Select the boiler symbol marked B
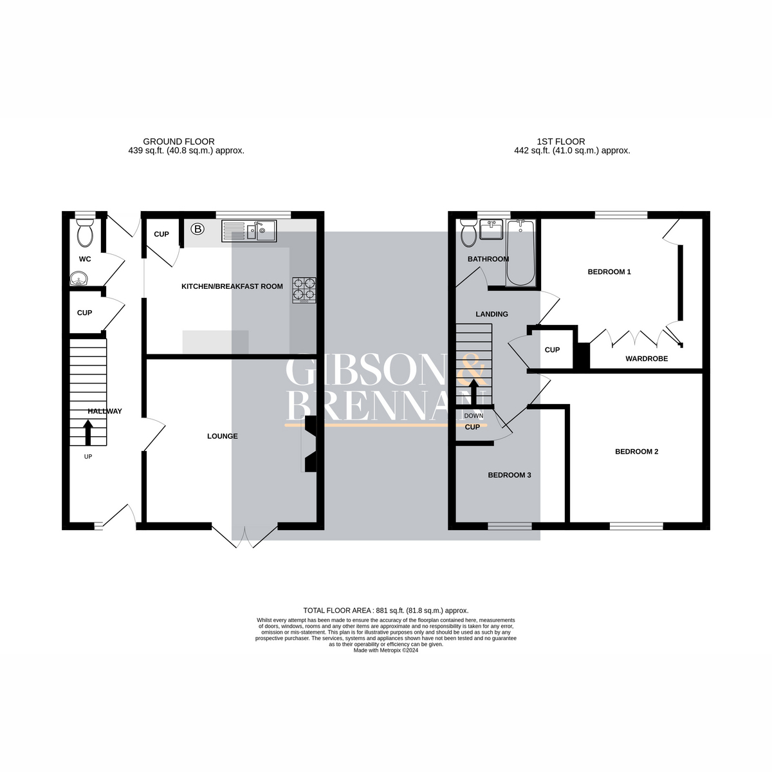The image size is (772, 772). coord(198,228)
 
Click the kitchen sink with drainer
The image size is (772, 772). coord(249,231)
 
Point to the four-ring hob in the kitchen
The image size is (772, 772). coord(304,290)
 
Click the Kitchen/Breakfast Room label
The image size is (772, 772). coord(232,286)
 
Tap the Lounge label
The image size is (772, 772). coord(222,436)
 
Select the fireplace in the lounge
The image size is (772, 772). coord(310,445)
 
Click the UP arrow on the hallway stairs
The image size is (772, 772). coord(87,432)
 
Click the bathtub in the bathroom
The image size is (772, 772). coord(520,252)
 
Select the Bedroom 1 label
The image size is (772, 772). coord(609,272)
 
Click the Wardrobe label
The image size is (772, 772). coord(647,359)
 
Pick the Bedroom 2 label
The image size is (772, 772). coord(636,452)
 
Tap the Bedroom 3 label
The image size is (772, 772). coord(509,475)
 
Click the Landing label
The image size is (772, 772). coord(492,315)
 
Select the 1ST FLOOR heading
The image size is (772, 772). coord(561,142)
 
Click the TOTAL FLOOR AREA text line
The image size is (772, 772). coord(385,611)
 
